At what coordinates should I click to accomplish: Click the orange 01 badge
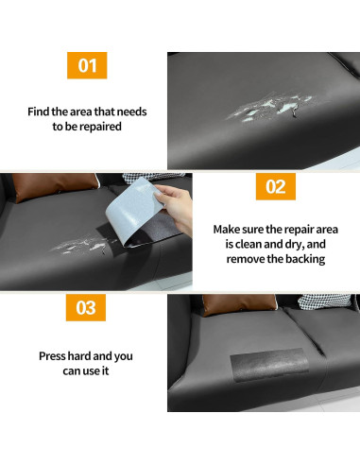coord(86,65)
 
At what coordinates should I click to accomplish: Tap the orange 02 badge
coord(274,186)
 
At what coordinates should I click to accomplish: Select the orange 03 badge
coord(86,307)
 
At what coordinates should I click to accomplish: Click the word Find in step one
coord(39,112)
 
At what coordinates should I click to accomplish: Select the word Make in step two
coord(228,230)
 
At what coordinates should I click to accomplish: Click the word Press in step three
coord(57,357)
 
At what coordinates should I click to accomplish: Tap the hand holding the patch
coord(173,197)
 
